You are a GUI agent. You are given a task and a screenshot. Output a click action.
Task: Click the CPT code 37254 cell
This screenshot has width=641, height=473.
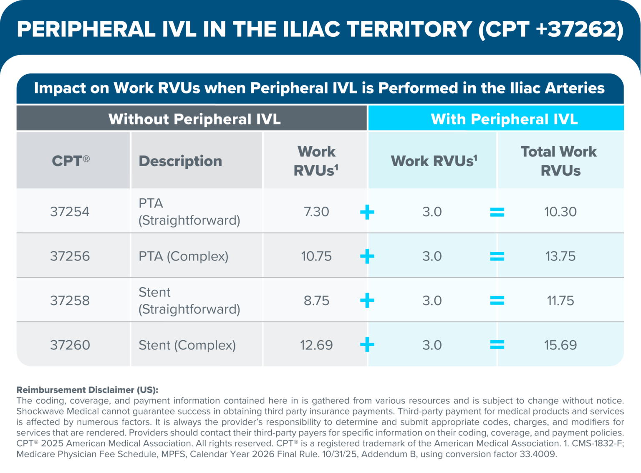[x=70, y=212]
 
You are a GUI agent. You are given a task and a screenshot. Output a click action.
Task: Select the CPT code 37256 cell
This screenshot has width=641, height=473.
[x=70, y=256]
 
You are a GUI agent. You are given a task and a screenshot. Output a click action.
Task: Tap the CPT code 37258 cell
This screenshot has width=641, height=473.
[x=70, y=301]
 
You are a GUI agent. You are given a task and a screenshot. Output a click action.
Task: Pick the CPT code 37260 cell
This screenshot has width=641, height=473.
[x=70, y=345]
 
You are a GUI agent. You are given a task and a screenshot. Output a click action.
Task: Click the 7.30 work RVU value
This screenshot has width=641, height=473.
[x=316, y=212]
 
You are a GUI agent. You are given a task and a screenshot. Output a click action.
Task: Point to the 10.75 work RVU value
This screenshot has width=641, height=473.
[x=316, y=256]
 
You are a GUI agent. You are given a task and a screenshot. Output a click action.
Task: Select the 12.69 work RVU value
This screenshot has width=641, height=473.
[x=316, y=345]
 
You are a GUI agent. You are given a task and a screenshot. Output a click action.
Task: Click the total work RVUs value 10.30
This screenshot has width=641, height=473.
[x=560, y=212]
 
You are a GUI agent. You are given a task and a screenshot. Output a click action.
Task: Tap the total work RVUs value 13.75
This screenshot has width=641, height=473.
[x=560, y=256]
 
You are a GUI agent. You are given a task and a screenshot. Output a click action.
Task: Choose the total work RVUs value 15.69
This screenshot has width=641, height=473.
[x=560, y=345]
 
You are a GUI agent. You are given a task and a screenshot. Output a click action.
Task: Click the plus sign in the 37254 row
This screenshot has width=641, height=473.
[x=367, y=212]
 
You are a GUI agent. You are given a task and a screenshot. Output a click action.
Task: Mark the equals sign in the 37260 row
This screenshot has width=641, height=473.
[x=497, y=345]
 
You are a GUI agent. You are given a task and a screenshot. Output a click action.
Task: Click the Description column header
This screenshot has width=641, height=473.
[x=180, y=161]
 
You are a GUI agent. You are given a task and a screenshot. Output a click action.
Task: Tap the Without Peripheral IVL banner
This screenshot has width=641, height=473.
[x=194, y=119]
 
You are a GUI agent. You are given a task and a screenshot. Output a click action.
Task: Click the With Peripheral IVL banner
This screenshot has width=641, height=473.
[x=504, y=119]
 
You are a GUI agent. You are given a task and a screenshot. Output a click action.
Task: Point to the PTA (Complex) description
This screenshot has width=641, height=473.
[x=184, y=256]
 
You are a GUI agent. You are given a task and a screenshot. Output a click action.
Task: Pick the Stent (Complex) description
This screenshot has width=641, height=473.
[x=187, y=345]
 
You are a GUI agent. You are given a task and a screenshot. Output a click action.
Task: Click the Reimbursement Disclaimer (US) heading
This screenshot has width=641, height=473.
[x=87, y=390]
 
